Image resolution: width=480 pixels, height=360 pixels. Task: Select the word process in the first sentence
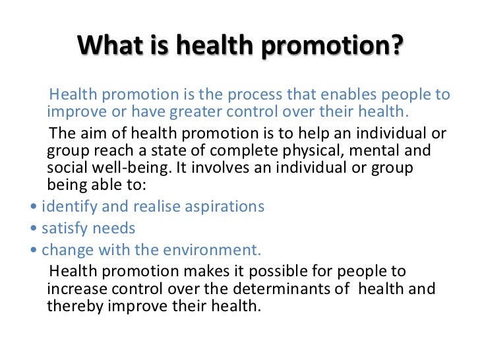(x=253, y=94)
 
